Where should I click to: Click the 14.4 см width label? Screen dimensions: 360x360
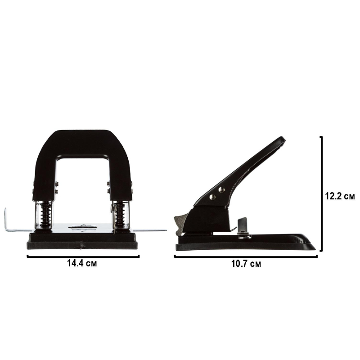click(82, 263)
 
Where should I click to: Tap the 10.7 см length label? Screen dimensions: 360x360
click(246, 264)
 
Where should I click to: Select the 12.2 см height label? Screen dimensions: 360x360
click(340, 196)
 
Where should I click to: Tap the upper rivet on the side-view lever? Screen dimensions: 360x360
click(221, 189)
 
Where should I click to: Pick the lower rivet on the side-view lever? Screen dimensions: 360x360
click(212, 197)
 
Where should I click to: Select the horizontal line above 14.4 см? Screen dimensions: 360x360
click(83, 256)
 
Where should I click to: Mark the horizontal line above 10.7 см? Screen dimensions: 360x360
click(246, 257)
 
